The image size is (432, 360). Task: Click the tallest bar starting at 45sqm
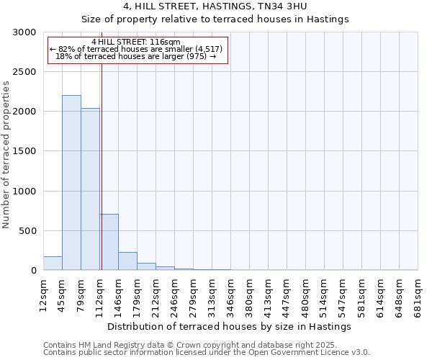[71, 183]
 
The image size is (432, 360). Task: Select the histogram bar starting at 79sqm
[90, 189]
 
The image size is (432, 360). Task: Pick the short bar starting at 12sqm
[53, 264]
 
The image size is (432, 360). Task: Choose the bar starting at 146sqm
[127, 261]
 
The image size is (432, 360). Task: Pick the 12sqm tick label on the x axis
[44, 295]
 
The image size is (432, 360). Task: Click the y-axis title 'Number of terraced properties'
[6, 155]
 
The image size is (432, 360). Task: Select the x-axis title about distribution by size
[230, 326]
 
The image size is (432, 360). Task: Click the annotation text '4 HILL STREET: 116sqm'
[136, 42]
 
